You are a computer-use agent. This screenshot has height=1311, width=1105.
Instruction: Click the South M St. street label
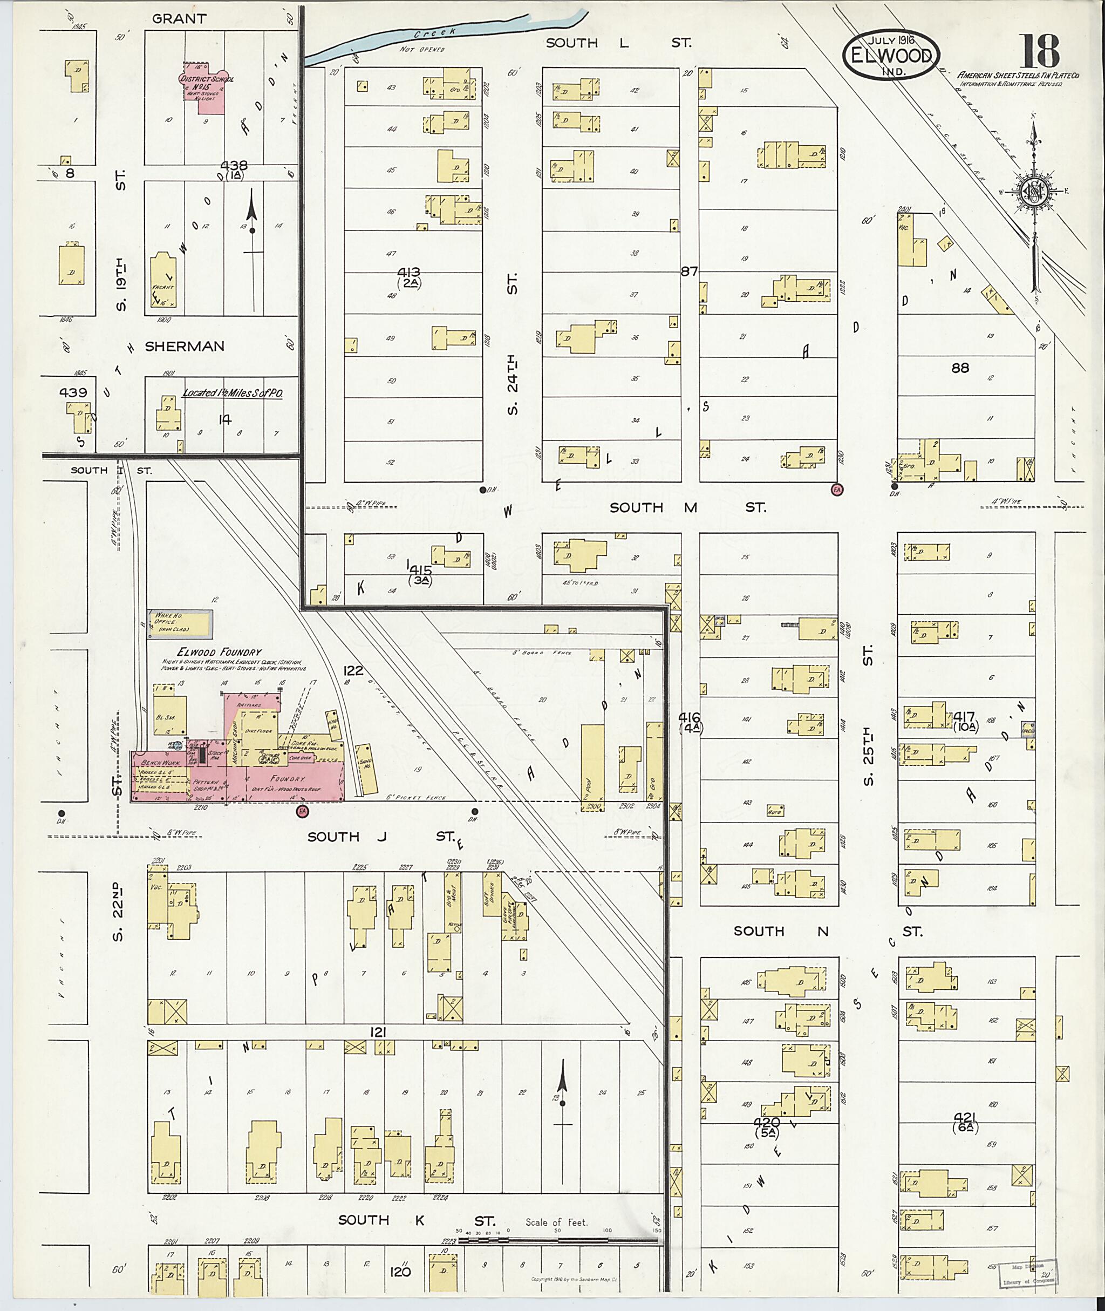click(687, 507)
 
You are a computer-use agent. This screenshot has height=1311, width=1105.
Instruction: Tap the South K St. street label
click(417, 1220)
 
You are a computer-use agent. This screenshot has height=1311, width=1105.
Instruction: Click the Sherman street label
click(184, 347)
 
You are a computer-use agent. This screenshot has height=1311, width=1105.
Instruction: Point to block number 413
click(408, 273)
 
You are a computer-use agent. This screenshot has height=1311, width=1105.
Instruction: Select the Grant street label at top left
click(179, 19)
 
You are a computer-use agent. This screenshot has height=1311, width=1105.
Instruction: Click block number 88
click(960, 369)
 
